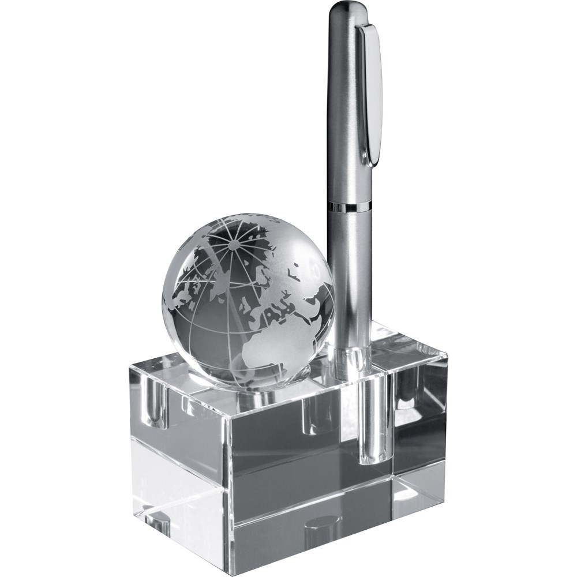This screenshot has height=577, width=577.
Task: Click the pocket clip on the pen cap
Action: click(370, 87)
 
